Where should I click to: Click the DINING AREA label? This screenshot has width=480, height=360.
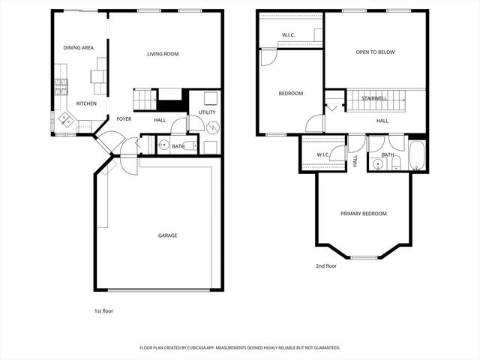pyautogui.click(x=78, y=48)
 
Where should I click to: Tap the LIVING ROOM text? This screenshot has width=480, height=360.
pyautogui.click(x=163, y=54)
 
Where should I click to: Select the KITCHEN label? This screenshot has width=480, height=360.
pyautogui.click(x=86, y=103)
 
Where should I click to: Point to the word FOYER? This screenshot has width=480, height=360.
pyautogui.click(x=124, y=119)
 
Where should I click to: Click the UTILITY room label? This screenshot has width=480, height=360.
pyautogui.click(x=207, y=112)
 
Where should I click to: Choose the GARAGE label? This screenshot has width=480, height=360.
pyautogui.click(x=167, y=235)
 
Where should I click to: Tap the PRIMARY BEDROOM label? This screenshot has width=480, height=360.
pyautogui.click(x=364, y=214)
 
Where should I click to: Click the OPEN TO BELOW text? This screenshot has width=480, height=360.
pyautogui.click(x=375, y=52)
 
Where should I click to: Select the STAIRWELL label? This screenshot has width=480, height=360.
pyautogui.click(x=373, y=98)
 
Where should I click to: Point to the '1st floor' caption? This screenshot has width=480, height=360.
pyautogui.click(x=103, y=310)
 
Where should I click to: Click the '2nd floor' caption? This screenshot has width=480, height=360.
pyautogui.click(x=326, y=265)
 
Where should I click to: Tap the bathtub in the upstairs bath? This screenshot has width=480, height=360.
pyautogui.click(x=416, y=157)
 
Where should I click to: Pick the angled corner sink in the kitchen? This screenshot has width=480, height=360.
pyautogui.click(x=65, y=118)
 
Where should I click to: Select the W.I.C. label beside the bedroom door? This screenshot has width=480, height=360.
pyautogui.click(x=323, y=155)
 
